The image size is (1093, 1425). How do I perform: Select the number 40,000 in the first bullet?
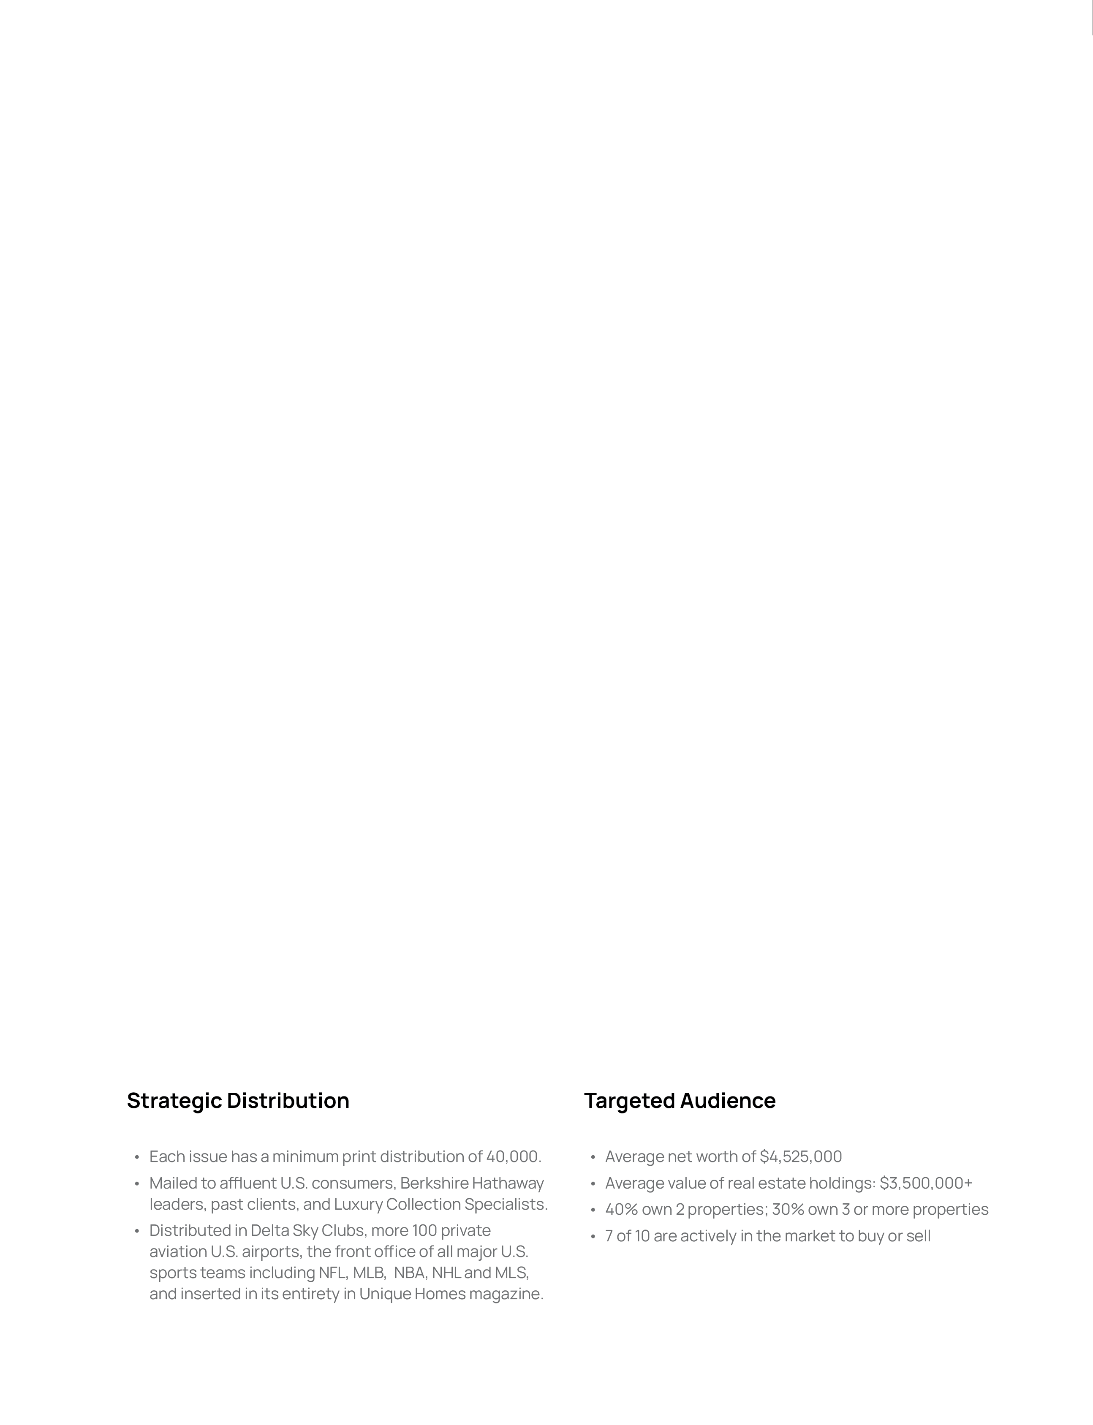(513, 1156)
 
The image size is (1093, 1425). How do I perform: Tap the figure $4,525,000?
(800, 1156)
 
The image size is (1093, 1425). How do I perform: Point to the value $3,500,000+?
(925, 1183)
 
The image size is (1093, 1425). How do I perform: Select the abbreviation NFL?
(332, 1272)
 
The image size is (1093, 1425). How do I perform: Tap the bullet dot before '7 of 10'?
(593, 1236)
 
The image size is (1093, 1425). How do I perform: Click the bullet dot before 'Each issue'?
(137, 1157)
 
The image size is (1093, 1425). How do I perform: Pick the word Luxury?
(358, 1204)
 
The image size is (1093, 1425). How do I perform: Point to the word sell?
(918, 1236)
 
